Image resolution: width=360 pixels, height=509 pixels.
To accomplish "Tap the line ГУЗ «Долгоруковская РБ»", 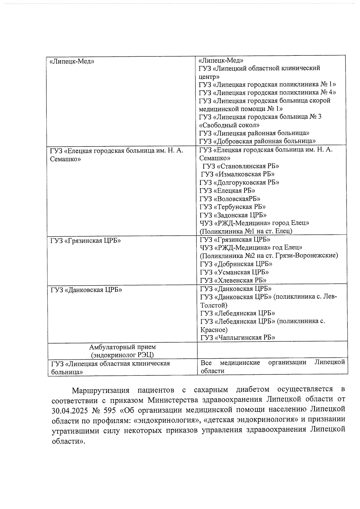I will point(239,182).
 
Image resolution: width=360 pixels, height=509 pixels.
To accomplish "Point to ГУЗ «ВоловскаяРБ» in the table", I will point(230,199).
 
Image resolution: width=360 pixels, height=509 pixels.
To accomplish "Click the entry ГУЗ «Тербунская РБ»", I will point(232,207).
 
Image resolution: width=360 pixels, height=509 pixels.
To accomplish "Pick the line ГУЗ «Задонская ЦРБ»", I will point(233,215).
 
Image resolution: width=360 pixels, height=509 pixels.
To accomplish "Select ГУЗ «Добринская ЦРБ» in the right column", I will point(236,264).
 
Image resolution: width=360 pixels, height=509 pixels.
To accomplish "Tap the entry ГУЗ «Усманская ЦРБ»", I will point(234,272).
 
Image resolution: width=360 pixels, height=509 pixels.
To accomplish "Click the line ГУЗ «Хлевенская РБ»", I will point(233,280).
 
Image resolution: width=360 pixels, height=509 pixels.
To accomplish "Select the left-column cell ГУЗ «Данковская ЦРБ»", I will point(86,290).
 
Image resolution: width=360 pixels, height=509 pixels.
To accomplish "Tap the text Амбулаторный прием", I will point(122,347).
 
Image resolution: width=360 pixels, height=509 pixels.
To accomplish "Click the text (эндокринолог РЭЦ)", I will point(122,355).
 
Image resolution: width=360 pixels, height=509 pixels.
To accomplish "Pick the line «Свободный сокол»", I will point(229,125).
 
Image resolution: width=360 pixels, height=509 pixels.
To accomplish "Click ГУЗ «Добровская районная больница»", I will point(257,141).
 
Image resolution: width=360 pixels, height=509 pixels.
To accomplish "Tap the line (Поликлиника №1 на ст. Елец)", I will point(246,231).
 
